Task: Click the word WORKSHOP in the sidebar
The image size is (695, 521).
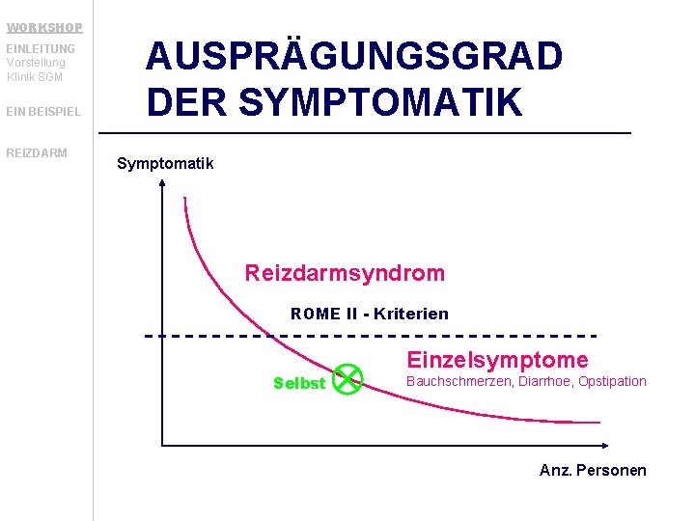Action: click(44, 27)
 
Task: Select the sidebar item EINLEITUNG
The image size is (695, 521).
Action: click(41, 48)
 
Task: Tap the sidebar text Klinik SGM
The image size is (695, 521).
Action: click(36, 76)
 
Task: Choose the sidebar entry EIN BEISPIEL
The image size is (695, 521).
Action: click(43, 112)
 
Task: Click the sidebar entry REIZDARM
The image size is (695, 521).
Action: click(37, 152)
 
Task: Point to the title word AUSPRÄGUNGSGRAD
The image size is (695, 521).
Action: click(354, 57)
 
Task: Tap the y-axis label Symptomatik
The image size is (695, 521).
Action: click(165, 163)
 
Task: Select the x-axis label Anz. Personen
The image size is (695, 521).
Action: click(593, 470)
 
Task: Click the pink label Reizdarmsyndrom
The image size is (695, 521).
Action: click(345, 273)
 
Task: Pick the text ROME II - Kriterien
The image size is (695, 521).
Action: click(370, 314)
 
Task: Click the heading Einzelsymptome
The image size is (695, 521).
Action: click(497, 360)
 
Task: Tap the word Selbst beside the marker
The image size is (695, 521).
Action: click(299, 383)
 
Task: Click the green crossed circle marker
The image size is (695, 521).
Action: click(347, 380)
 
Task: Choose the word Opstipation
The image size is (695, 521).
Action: click(612, 381)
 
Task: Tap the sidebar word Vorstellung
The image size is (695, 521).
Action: click(36, 63)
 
